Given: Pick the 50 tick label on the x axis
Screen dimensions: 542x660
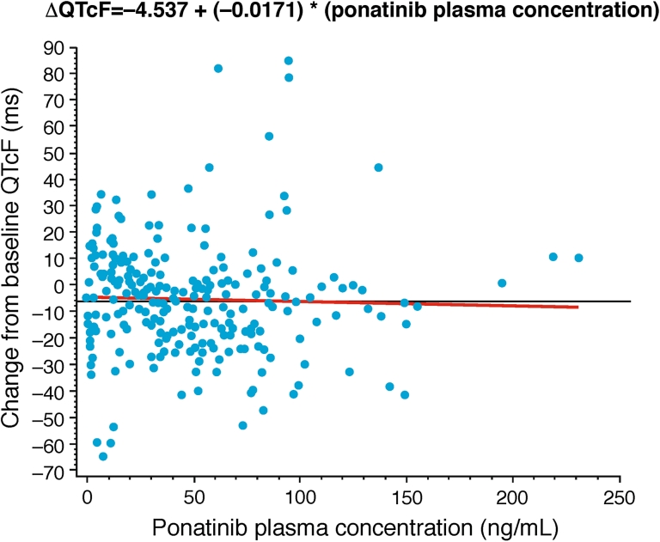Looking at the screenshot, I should click(x=193, y=499).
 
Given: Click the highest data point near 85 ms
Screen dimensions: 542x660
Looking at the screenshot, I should click(x=289, y=61).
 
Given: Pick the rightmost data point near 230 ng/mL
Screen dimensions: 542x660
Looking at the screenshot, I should click(x=578, y=258).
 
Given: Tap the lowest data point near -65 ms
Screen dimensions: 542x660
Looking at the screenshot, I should click(x=103, y=456).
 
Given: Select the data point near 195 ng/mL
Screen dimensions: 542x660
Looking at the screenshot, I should click(x=502, y=283).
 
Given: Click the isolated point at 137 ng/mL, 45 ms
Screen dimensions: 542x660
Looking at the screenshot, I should click(x=378, y=167).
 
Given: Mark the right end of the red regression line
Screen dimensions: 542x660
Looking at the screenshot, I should click(x=577, y=307).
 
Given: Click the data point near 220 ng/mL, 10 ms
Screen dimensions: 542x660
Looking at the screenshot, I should click(x=553, y=257).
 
